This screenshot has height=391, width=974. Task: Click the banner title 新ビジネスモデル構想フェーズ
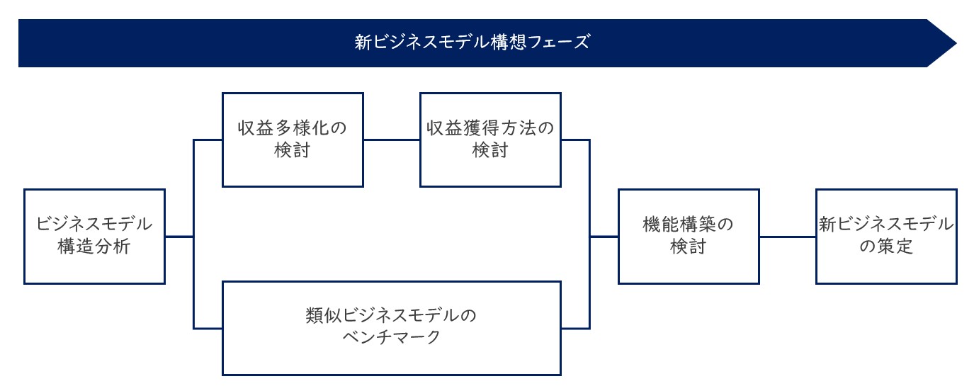pyautogui.click(x=472, y=42)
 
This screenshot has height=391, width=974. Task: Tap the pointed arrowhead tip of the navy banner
pyautogui.click(x=956, y=43)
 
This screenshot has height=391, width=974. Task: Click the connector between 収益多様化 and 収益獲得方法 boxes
pyautogui.click(x=392, y=140)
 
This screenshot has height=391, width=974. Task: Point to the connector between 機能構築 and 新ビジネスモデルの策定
pyautogui.click(x=788, y=237)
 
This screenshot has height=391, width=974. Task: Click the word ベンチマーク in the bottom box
pyautogui.click(x=391, y=337)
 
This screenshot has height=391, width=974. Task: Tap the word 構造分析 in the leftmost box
pyautogui.click(x=94, y=246)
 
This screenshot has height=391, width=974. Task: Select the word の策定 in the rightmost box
pyautogui.click(x=886, y=246)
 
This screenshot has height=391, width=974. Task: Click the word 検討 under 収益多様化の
pyautogui.click(x=292, y=150)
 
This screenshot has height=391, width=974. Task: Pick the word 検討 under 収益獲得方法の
pyautogui.click(x=490, y=150)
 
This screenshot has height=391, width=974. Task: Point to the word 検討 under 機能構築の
pyautogui.click(x=689, y=246)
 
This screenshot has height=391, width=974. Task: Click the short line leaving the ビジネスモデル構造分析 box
pyautogui.click(x=179, y=237)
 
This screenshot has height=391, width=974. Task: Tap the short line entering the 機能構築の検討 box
pyautogui.click(x=604, y=237)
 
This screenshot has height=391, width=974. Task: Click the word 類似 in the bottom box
pyautogui.click(x=323, y=315)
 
